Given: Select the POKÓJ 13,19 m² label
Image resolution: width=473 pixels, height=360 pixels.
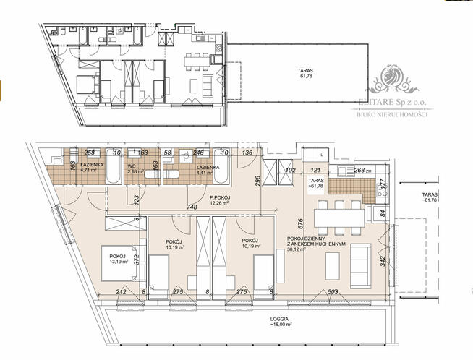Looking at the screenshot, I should [119, 258].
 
